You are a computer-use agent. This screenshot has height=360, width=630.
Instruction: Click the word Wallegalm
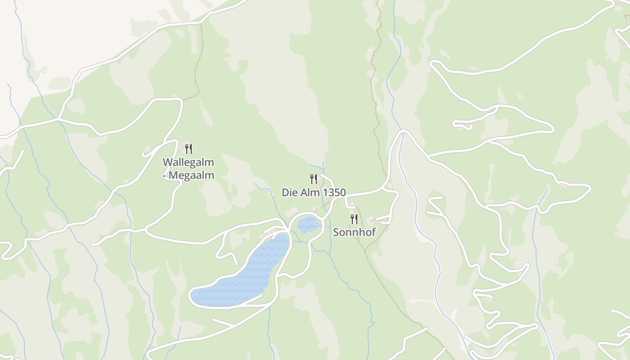188,162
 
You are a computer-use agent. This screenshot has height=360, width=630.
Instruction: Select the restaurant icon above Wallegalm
189,148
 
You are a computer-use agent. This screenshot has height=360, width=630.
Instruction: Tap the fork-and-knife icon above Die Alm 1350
314,179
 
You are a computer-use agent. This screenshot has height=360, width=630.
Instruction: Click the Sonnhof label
354,232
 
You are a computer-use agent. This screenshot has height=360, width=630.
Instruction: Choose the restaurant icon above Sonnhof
354,219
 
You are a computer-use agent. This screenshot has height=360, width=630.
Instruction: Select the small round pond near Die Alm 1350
309,224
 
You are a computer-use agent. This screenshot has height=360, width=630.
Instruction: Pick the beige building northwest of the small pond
292,211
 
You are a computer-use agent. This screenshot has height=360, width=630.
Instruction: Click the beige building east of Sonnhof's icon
371,220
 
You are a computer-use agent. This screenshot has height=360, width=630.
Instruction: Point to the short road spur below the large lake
223,322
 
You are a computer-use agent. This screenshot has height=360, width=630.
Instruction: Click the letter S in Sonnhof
336,232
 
